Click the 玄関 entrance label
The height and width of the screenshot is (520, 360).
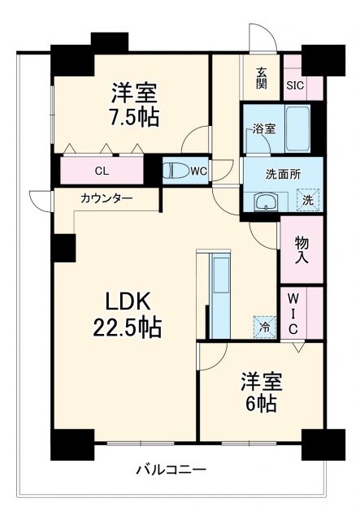point(262,77)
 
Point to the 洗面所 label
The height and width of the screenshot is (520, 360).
point(261,172)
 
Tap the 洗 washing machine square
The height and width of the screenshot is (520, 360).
point(308,199)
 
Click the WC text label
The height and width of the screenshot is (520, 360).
point(199,171)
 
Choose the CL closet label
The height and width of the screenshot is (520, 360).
point(102,171)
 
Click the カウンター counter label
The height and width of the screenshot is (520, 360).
point(106,197)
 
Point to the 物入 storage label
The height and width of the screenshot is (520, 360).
point(301,249)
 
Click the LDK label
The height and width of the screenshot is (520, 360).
point(128,301)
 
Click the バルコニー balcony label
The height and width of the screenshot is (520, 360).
point(171,470)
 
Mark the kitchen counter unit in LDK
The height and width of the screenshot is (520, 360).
point(220,293)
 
